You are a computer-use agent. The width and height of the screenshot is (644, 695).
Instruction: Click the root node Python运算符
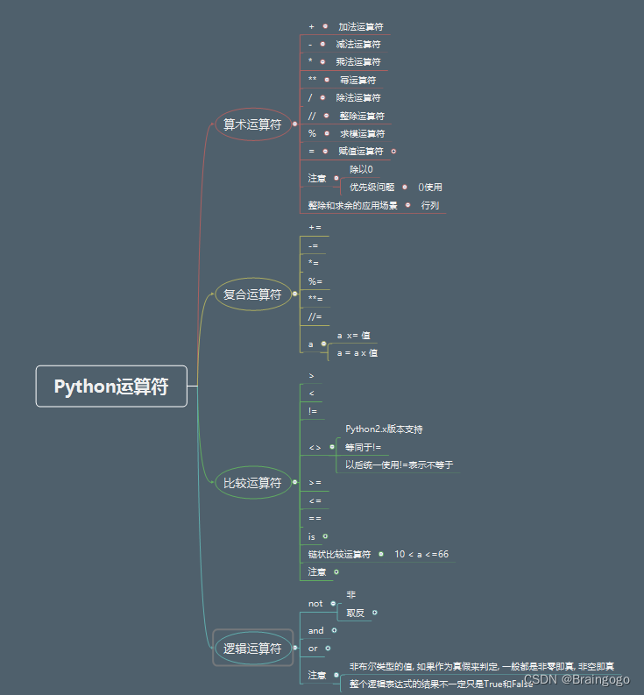111,387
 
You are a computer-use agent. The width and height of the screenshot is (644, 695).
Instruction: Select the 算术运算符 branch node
252,124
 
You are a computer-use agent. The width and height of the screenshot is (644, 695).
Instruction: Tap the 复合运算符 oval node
252,294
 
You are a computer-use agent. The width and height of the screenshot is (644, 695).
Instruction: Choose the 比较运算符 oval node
252,482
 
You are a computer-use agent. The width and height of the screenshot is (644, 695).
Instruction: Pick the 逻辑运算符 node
252,649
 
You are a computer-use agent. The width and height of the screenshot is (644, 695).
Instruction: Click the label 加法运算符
361,27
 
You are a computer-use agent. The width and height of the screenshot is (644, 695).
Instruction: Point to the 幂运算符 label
357,80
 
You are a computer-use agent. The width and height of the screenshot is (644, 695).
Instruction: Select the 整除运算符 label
362,116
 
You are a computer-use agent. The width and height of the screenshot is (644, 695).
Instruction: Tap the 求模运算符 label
362,133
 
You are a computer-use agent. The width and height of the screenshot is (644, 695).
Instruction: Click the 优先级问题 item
372,187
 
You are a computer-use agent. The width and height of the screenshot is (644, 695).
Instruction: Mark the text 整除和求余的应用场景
353,205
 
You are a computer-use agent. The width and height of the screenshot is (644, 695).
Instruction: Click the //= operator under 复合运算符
315,316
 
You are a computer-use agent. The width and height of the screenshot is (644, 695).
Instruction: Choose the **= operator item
315,299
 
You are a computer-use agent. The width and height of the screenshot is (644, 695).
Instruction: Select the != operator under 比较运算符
314,411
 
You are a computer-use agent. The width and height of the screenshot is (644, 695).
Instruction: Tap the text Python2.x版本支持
384,429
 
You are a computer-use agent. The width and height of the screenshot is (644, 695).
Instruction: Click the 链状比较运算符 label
340,554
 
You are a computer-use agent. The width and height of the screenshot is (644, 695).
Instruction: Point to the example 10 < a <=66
421,554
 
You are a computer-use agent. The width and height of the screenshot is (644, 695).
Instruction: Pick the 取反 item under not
356,613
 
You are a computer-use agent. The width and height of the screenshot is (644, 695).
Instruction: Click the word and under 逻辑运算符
316,630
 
